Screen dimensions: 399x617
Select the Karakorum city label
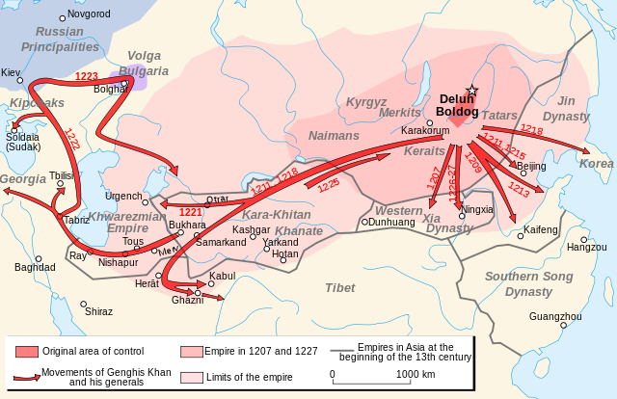[425, 129]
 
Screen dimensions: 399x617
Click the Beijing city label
[532, 166]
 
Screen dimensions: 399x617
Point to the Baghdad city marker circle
[39, 258]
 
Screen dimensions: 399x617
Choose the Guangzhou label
[555, 315]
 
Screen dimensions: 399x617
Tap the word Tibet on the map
[339, 287]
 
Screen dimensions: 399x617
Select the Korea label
[597, 164]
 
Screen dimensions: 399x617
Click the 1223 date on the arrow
[87, 76]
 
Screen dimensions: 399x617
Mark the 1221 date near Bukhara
[190, 212]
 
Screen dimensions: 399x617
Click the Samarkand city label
[221, 242]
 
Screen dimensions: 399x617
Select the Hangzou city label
[586, 248]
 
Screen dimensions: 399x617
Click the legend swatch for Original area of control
[26, 351]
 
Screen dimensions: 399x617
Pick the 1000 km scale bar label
[416, 374]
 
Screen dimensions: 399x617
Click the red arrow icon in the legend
[26, 376]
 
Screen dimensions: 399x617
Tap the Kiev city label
[12, 72]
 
